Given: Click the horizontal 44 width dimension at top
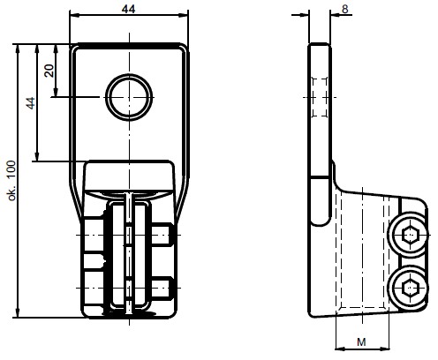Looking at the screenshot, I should (x=130, y=8).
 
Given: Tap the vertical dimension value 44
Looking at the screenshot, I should (x=30, y=102).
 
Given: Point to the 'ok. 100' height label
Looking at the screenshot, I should (x=11, y=181).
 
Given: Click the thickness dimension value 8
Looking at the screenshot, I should (x=344, y=8).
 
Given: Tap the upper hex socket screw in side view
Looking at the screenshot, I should (x=409, y=236).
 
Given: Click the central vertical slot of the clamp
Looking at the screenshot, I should (x=130, y=251).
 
